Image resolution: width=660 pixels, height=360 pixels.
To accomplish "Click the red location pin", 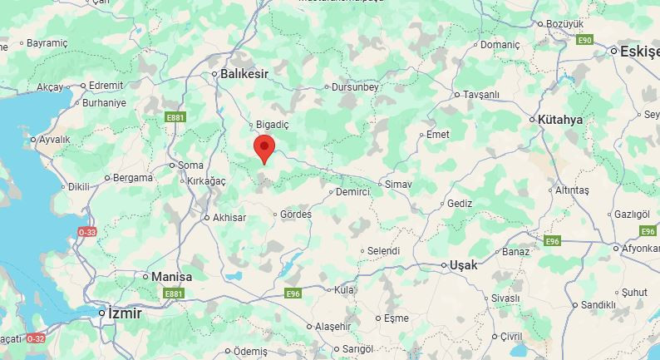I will pos(264,148).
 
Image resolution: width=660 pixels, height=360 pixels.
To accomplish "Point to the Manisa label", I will pos(172,277).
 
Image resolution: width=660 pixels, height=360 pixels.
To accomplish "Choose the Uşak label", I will pos(463,265).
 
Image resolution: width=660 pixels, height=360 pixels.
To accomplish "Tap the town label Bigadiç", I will pos(273,125).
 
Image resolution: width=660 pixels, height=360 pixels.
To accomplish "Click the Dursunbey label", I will pos(355,86).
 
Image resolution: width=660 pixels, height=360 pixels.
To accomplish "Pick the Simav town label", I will pos(398,183).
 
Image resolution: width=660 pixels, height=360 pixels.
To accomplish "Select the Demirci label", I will pos(352,192).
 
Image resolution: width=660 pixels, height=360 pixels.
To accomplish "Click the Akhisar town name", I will pos(229,218).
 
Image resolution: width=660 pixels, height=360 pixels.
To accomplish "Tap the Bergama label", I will pos(133,178).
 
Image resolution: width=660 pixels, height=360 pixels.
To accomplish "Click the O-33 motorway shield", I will pos(87,231).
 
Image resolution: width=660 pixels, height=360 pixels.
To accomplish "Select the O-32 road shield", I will pos(36,338).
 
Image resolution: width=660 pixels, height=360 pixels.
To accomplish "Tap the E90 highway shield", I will pos(585,40).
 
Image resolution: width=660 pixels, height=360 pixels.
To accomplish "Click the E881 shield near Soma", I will pos(175,118).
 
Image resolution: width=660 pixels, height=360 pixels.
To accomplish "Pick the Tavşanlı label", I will pos(482,94).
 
